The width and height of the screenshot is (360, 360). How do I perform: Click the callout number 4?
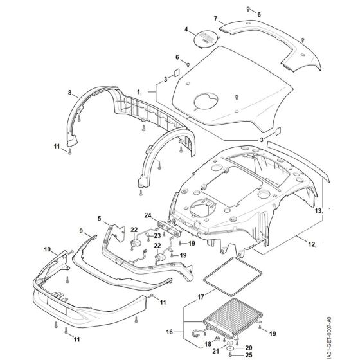point(186,30)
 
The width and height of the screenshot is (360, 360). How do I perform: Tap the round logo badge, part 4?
point(206,38)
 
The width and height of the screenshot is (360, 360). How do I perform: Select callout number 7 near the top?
point(215,19)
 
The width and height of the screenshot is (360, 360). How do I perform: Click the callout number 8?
point(70,93)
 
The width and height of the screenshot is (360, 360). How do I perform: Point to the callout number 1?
point(139,92)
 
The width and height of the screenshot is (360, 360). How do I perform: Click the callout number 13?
point(318,211)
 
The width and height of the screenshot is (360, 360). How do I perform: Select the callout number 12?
point(311,244)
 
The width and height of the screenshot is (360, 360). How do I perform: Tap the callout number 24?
point(148,215)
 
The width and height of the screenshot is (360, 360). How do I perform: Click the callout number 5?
point(100,218)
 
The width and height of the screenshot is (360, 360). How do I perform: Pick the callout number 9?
point(81,231)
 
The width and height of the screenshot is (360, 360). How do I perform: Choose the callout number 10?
point(48,249)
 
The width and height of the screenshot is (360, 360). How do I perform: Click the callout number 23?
point(157,235)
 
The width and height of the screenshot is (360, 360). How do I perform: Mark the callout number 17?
point(201,297)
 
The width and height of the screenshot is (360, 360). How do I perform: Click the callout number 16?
point(170,332)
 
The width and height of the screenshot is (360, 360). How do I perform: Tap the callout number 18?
point(208,344)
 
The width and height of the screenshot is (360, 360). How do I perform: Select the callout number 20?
point(249,348)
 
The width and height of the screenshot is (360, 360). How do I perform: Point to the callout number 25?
point(249,355)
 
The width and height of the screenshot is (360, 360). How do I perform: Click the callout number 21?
point(215,351)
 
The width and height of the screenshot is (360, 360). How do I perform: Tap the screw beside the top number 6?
point(248,9)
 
